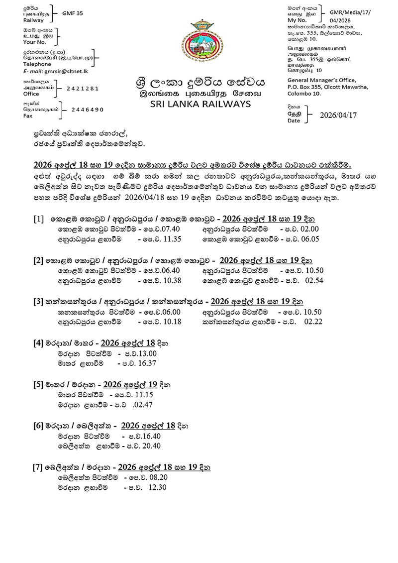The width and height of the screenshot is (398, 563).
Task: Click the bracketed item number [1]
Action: [x=38, y=220]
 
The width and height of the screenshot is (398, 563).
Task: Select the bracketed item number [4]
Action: [x=38, y=343]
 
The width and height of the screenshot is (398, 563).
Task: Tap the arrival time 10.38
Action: [x=171, y=280]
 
